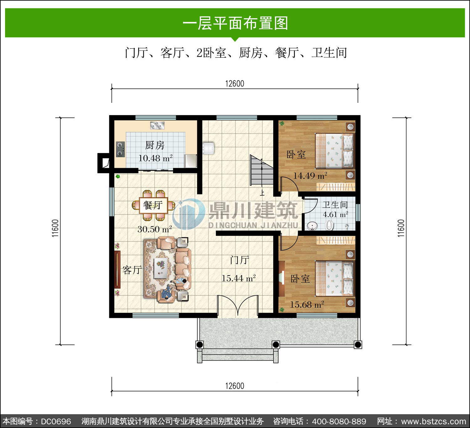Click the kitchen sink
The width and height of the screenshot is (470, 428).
[x=157, y=125]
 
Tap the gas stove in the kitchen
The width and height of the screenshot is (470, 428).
[x=120, y=149]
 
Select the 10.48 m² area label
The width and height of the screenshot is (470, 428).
[x=155, y=158]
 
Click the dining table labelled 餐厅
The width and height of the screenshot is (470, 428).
[x=153, y=205]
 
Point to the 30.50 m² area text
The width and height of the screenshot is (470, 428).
[x=155, y=229]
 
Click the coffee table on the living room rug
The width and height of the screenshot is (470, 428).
[x=161, y=268]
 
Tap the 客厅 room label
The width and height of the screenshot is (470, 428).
[x=132, y=270]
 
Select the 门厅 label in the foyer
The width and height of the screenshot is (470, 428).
[x=239, y=260]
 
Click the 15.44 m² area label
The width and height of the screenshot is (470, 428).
[x=238, y=278]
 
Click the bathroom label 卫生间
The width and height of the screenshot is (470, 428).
[x=335, y=205]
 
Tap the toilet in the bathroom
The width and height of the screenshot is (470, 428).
[x=329, y=225]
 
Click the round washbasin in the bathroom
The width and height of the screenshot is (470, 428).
[x=312, y=226]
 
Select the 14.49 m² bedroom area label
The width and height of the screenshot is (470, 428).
[x=311, y=176]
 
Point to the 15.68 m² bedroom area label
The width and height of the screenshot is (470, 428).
[x=307, y=305]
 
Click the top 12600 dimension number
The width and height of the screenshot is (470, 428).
[x=235, y=84]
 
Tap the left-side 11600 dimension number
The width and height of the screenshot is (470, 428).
[x=55, y=228]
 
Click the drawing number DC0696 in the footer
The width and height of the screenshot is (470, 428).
[x=56, y=421]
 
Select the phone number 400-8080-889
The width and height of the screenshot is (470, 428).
[x=339, y=421]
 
